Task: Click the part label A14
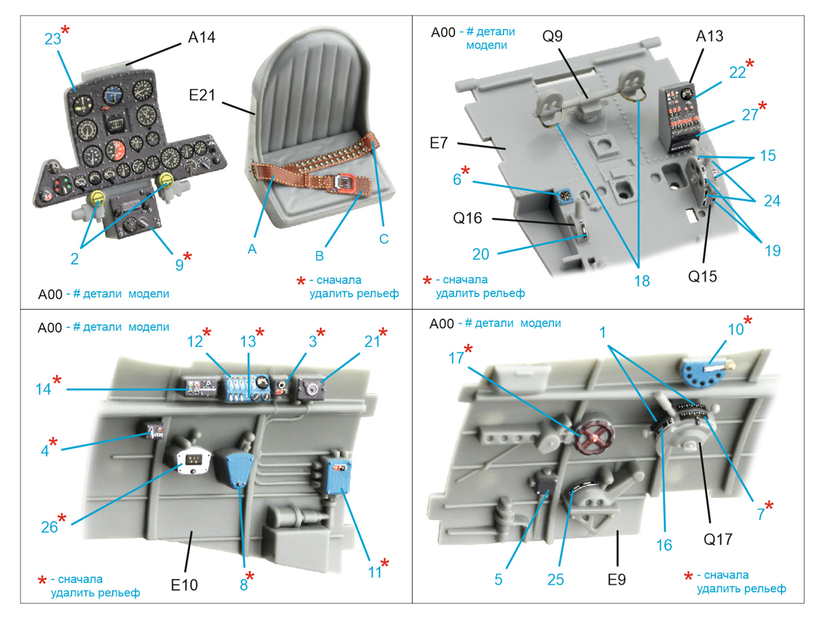(201, 38)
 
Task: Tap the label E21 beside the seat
(201, 95)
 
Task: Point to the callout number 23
(53, 39)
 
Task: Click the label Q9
(552, 36)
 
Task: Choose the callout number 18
(642, 281)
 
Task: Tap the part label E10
(184, 585)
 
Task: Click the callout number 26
(49, 527)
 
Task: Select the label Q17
(717, 540)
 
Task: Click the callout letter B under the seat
(319, 256)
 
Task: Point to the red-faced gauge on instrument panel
(116, 150)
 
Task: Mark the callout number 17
(456, 357)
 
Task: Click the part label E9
(616, 580)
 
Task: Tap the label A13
(709, 36)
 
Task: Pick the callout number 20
(480, 254)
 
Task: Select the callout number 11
(374, 572)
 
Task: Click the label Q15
(702, 277)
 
